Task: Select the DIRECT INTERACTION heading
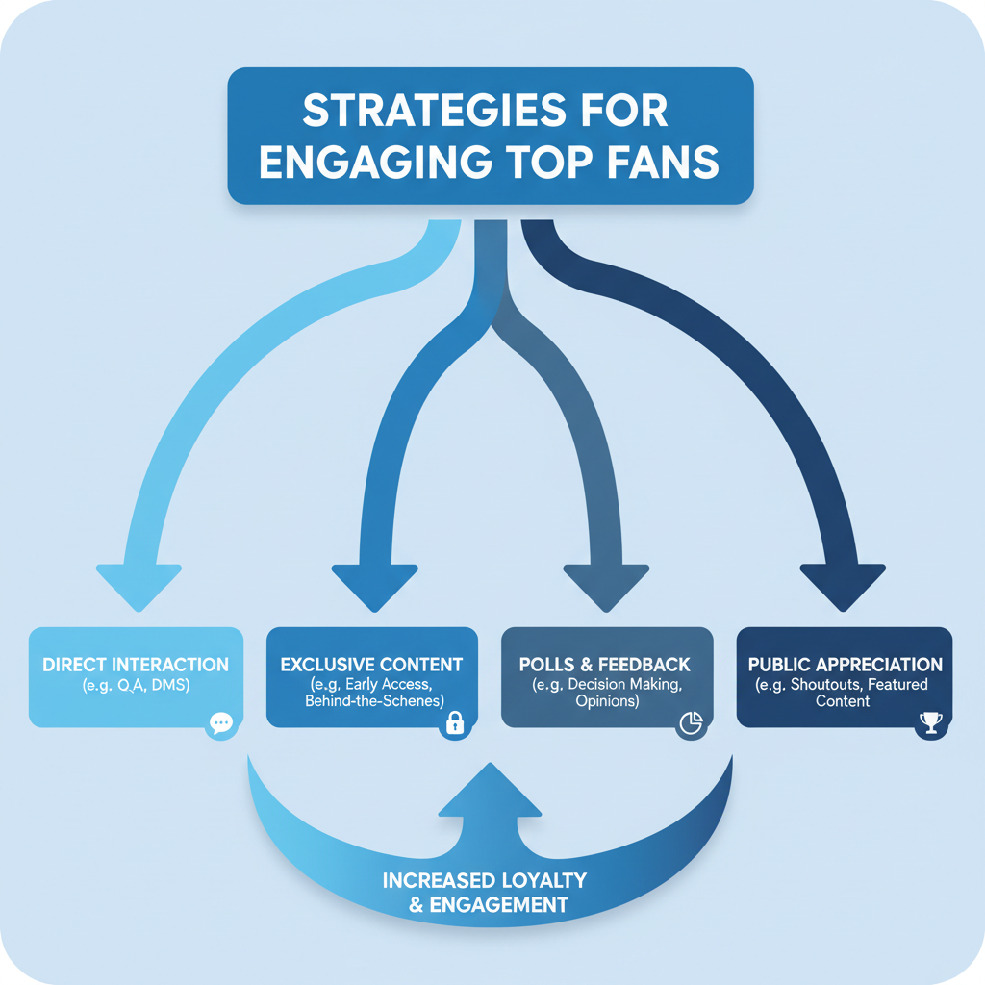click(x=136, y=665)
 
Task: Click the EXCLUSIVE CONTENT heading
click(x=371, y=665)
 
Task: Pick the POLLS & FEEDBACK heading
click(x=605, y=665)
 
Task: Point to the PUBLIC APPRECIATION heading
click(x=845, y=665)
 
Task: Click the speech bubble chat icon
click(x=220, y=723)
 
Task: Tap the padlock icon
click(x=455, y=723)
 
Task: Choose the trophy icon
click(x=929, y=723)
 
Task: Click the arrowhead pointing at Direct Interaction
click(x=139, y=583)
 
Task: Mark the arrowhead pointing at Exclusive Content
click(x=374, y=583)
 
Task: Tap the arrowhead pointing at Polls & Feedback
click(x=606, y=583)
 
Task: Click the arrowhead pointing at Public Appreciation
click(x=843, y=583)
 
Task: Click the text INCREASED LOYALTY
click(x=484, y=881)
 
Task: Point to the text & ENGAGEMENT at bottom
click(x=486, y=905)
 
